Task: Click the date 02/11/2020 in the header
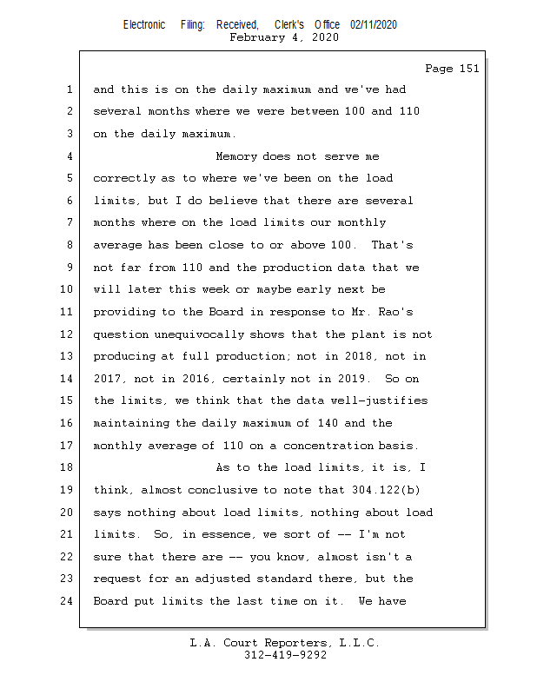pyautogui.click(x=374, y=25)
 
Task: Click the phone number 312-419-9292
pyautogui.click(x=285, y=656)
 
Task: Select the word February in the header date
pyautogui.click(x=256, y=37)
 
